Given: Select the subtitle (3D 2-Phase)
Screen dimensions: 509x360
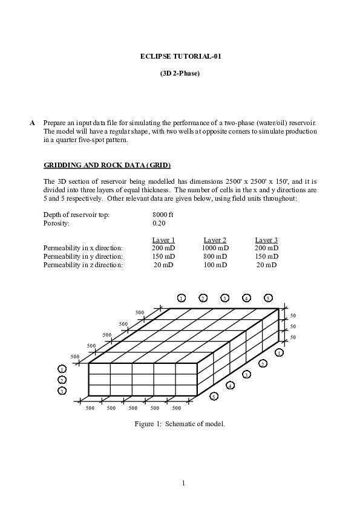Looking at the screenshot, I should click(180, 73).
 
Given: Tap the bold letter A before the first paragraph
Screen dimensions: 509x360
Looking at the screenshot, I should click(32, 123).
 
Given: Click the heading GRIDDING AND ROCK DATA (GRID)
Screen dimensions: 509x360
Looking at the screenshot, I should click(107, 165).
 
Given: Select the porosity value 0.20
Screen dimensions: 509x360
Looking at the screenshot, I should click(159, 222).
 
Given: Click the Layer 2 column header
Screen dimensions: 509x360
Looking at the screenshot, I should click(215, 239).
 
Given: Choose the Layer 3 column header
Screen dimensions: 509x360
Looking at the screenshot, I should click(266, 239).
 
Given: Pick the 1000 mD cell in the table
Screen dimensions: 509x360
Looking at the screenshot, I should click(215, 248).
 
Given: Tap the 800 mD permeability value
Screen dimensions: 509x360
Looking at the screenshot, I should click(215, 256).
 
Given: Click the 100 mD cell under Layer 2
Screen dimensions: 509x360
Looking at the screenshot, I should click(215, 265).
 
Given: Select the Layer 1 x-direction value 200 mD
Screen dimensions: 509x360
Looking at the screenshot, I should click(163, 248).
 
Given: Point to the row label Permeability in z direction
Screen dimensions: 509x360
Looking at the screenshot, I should click(83, 265).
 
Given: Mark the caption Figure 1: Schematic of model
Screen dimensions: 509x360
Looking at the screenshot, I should click(180, 424).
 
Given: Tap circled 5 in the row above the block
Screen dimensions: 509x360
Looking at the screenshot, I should click(268, 297).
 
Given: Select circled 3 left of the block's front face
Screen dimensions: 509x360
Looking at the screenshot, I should click(62, 391).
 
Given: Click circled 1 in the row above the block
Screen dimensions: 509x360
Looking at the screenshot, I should click(181, 297).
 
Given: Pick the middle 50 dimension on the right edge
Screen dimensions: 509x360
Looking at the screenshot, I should click(293, 326).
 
